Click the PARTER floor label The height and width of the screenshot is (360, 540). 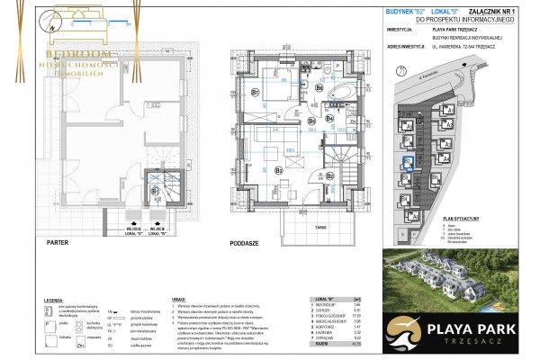[58, 241]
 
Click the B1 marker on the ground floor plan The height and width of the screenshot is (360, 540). [155, 191]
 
